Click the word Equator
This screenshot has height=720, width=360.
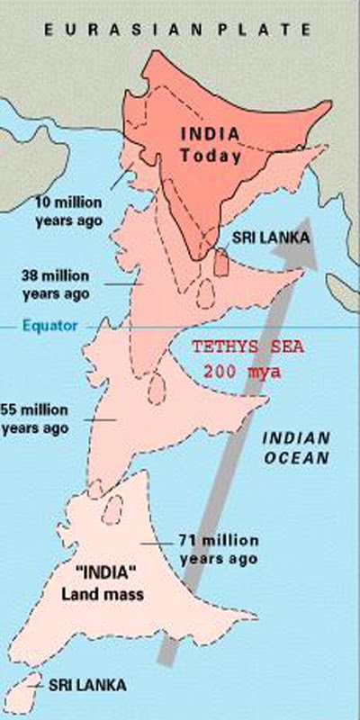tap(51, 326)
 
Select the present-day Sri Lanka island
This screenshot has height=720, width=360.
tap(220, 262)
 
